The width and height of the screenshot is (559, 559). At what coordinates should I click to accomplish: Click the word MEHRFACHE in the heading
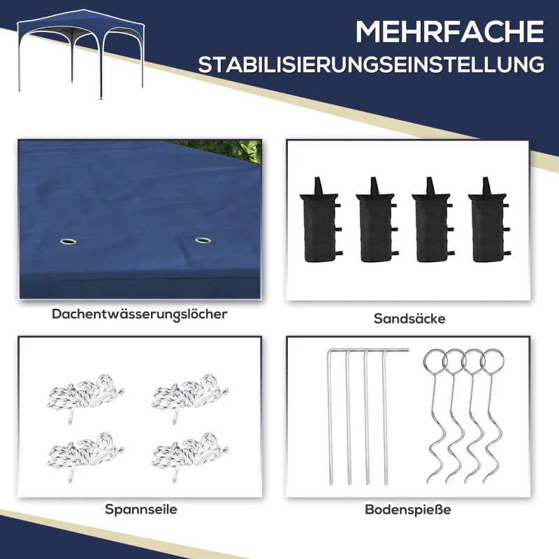(x=449, y=32)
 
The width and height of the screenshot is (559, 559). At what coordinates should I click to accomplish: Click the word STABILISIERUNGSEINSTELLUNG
(x=370, y=66)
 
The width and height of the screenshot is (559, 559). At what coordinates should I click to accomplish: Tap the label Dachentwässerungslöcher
(x=140, y=314)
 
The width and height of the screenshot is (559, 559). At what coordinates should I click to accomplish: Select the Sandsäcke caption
(x=409, y=319)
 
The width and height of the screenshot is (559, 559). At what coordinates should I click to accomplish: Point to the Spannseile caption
(x=141, y=509)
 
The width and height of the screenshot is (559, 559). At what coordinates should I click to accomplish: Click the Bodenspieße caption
(x=408, y=509)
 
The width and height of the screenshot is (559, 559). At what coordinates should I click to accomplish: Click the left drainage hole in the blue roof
(x=68, y=242)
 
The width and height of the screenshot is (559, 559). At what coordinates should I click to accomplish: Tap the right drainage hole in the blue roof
(x=203, y=241)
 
